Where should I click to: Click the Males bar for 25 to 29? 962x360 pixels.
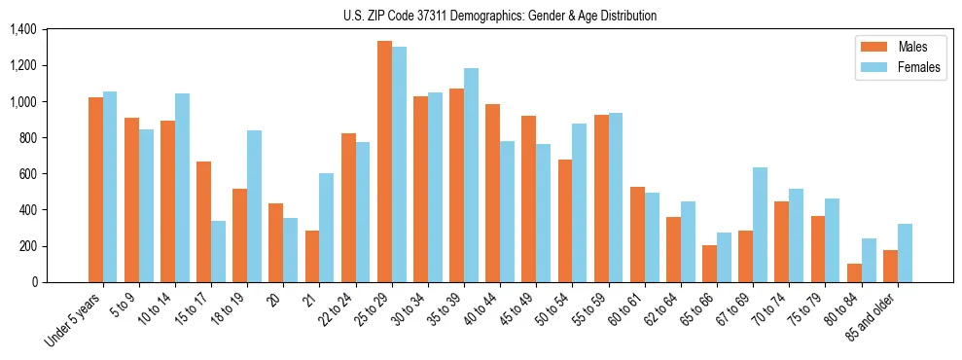384,162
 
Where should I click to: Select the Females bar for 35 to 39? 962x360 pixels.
471,175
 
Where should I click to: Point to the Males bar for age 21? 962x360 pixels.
312,256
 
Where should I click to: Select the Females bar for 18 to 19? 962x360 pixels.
254,206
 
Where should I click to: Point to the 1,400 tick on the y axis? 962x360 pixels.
22,30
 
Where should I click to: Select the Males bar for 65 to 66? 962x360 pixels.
709,263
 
